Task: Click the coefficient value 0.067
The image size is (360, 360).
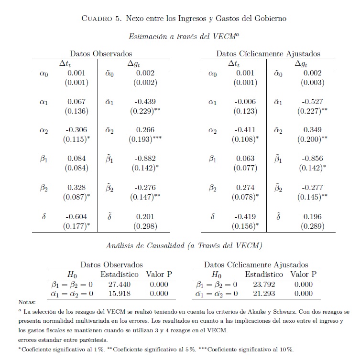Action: (x=76, y=102)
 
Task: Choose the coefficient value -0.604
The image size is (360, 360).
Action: (x=76, y=216)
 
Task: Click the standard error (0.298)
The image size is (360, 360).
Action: (x=145, y=226)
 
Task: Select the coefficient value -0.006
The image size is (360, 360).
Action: (x=245, y=102)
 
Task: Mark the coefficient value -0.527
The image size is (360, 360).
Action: (x=313, y=102)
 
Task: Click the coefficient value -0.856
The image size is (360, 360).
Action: (x=313, y=159)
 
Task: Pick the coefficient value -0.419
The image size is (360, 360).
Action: (x=245, y=216)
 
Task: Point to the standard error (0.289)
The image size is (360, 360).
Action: (x=313, y=226)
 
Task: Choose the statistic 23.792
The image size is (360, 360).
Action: (x=264, y=284)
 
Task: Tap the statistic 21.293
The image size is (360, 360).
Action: (x=264, y=293)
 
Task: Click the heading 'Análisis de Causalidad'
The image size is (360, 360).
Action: (x=146, y=246)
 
